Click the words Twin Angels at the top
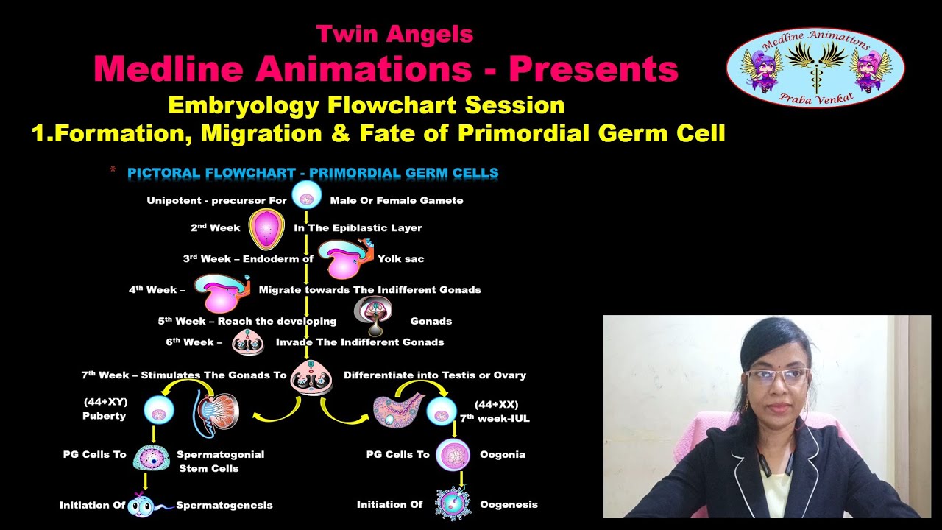coord(394,34)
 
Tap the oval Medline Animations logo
coord(815,68)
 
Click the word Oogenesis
coord(509,504)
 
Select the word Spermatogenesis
coord(224,505)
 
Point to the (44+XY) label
coord(106,403)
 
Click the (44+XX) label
coord(497,405)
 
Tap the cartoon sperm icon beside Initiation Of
coord(141,505)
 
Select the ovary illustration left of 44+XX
coord(398,410)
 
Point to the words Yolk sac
coord(400,258)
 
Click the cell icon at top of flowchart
coord(306,196)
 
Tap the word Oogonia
coord(503,454)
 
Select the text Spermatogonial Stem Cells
coord(220,461)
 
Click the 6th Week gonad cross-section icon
coord(248,342)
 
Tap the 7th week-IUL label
coord(495,418)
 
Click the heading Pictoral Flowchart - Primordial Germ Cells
coord(313,174)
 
